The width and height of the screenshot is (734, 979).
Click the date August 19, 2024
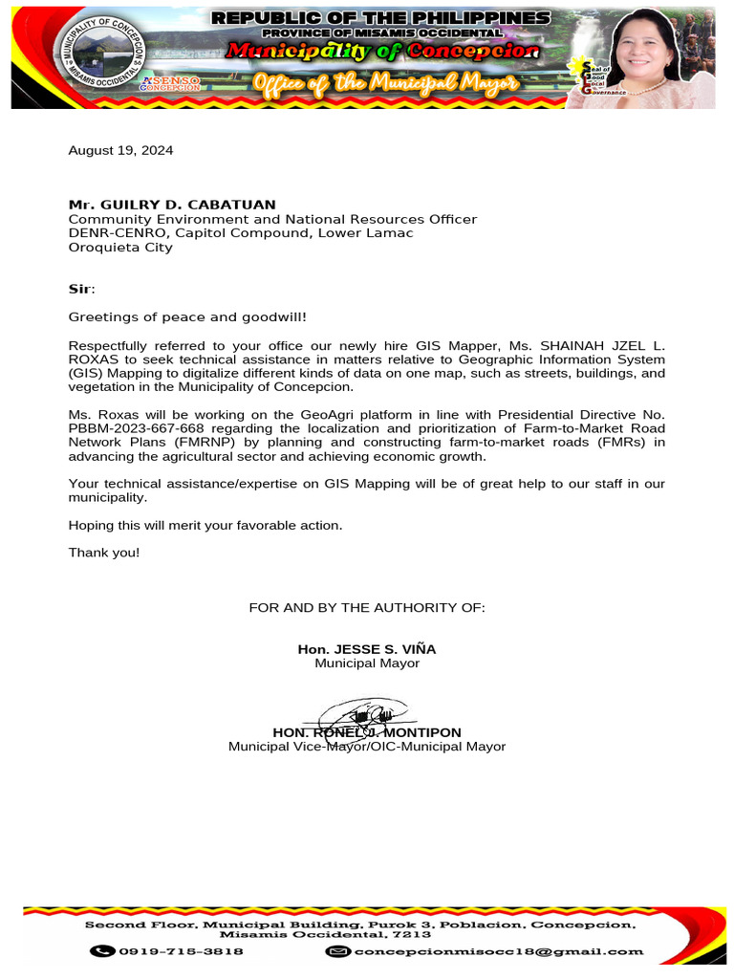coord(120,150)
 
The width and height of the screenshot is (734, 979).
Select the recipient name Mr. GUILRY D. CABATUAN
coord(172,205)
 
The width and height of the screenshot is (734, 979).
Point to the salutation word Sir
coord(80,289)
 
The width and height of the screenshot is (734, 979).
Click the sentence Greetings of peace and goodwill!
coord(187,316)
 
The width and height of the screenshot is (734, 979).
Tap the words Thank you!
coord(104,553)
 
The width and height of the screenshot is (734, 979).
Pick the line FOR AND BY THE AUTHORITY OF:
coord(367,607)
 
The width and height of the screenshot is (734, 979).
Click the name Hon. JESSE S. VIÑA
coord(367,649)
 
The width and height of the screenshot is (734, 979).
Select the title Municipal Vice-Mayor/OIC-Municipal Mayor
coord(367,747)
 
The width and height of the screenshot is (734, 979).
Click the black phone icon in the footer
coord(102,951)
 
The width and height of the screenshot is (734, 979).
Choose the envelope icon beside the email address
coord(337,951)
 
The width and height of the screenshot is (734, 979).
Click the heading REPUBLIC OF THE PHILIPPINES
coord(380,18)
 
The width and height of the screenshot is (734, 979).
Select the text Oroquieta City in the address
coord(120,248)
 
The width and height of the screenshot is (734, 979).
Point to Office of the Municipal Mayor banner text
coord(385,83)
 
